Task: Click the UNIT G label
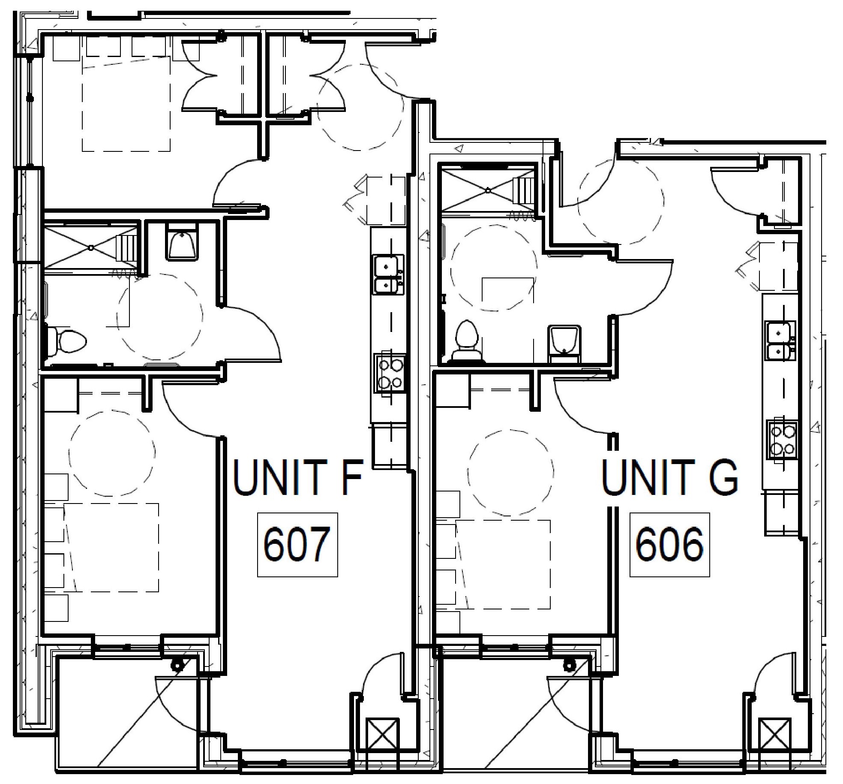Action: [669, 477]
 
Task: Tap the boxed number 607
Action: [297, 545]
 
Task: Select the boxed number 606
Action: [669, 545]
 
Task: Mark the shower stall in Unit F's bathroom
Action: [91, 247]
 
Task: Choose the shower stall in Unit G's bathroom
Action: [488, 189]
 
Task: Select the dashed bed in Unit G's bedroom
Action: [502, 564]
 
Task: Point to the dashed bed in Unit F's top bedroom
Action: [126, 104]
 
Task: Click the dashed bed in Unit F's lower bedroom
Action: [111, 548]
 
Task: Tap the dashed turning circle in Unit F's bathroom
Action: [159, 317]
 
